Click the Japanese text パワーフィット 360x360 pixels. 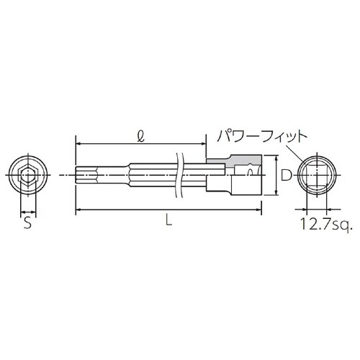pyautogui.click(x=257, y=135)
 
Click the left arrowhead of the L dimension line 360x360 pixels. pyautogui.click(x=76, y=210)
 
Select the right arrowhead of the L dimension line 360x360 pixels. pyautogui.click(x=261, y=210)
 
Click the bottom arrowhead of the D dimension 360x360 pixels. pyautogui.click(x=277, y=194)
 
